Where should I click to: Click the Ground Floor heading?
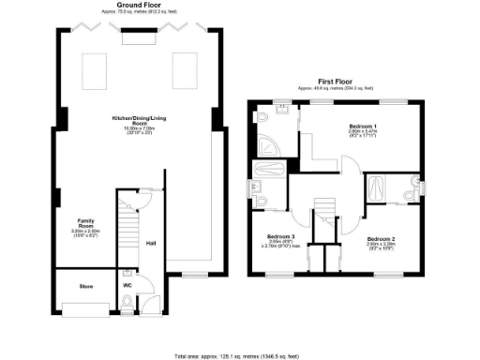pyautogui.click(x=136, y=5)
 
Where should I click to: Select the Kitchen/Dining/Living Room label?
pyautogui.click(x=130, y=121)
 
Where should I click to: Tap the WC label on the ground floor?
pyautogui.click(x=127, y=284)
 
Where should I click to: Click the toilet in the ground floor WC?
pyautogui.click(x=127, y=302)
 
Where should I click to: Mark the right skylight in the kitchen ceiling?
pyautogui.click(x=184, y=67)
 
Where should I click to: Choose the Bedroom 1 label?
pyautogui.click(x=364, y=126)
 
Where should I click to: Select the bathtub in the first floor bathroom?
pyautogui.click(x=267, y=171)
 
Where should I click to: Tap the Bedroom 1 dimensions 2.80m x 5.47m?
pyautogui.click(x=364, y=133)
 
